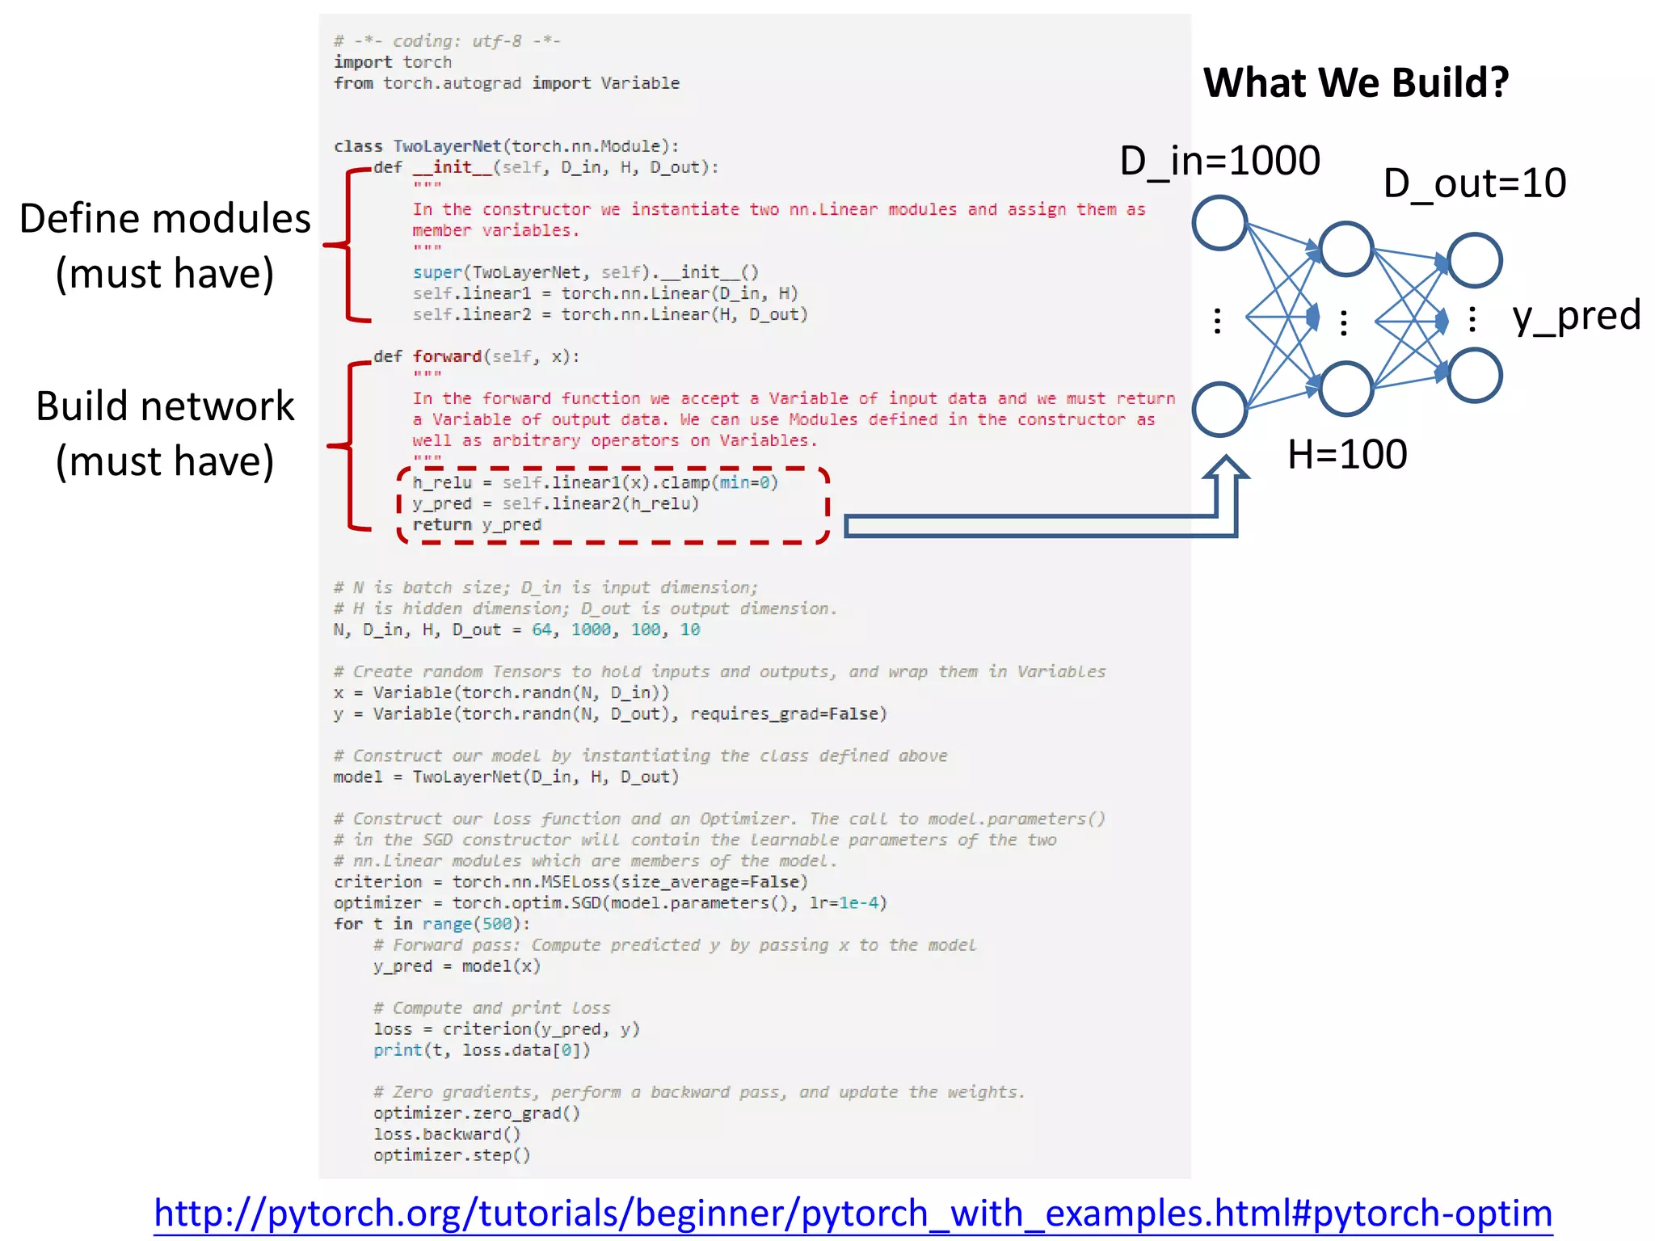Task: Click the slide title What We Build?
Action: pos(1355,82)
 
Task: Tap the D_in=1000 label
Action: pos(1219,161)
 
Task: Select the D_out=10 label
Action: pos(1474,183)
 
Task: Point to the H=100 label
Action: pos(1346,454)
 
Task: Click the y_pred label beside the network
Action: pos(1576,315)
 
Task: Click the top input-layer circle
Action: pos(1219,223)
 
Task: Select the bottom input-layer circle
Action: pos(1219,409)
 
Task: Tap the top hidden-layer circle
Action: pos(1345,249)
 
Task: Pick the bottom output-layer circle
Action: pos(1474,375)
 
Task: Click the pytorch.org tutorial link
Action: pos(853,1214)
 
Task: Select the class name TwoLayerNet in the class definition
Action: pos(447,146)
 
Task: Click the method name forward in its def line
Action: pos(447,356)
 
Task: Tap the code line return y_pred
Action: pos(477,524)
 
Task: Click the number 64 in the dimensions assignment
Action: pos(541,629)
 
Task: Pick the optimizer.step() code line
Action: pos(452,1155)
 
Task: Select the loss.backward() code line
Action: pos(447,1134)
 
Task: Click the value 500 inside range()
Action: pos(497,923)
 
